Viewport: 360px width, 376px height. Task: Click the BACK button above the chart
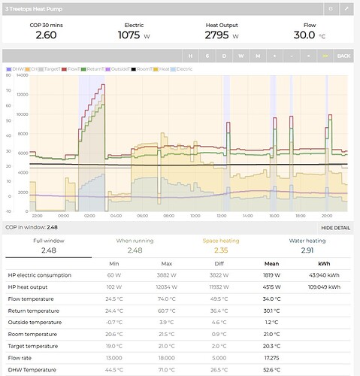tap(343, 56)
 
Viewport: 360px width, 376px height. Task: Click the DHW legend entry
tap(16, 68)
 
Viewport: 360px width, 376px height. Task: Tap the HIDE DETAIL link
tap(335, 226)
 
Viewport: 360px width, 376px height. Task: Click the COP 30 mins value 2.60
tap(45, 35)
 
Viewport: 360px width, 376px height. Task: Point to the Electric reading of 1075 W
tap(135, 35)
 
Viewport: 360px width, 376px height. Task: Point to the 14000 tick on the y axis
tap(22, 75)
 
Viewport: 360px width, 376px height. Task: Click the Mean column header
tap(275, 264)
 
